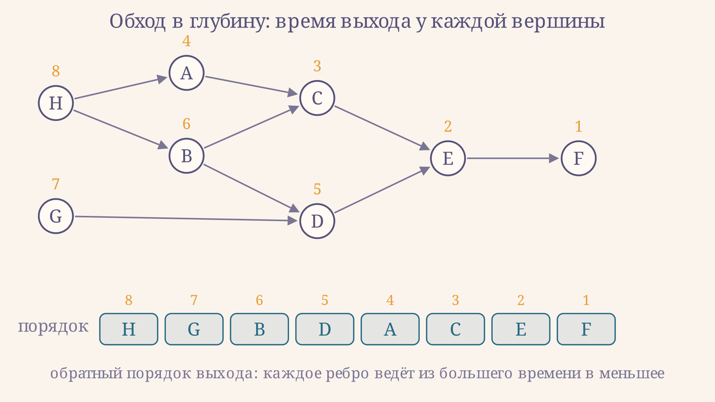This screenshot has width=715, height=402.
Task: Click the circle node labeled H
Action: tap(56, 103)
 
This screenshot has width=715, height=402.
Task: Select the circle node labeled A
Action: tap(187, 73)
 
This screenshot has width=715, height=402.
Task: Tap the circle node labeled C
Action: tap(317, 98)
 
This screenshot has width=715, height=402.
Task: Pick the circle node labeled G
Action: tap(56, 216)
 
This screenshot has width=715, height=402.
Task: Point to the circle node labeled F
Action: tap(579, 158)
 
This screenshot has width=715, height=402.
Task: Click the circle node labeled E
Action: tap(448, 158)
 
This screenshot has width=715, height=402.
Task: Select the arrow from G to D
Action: tap(186, 218)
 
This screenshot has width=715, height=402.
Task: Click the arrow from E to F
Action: tap(513, 158)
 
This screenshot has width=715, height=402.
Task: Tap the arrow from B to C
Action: tap(252, 127)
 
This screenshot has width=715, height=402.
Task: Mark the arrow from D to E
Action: tap(382, 190)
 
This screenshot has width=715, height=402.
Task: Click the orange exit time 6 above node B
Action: tap(187, 124)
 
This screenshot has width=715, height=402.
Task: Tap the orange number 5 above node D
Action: tap(317, 189)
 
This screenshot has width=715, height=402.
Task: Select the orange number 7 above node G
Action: tap(56, 184)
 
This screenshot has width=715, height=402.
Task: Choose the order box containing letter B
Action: tap(260, 329)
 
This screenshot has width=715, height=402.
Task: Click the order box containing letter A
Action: tap(390, 329)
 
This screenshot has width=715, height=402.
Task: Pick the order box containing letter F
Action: tap(586, 329)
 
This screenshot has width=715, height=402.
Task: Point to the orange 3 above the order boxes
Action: tap(455, 300)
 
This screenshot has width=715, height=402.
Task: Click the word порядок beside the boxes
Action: tap(53, 326)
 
